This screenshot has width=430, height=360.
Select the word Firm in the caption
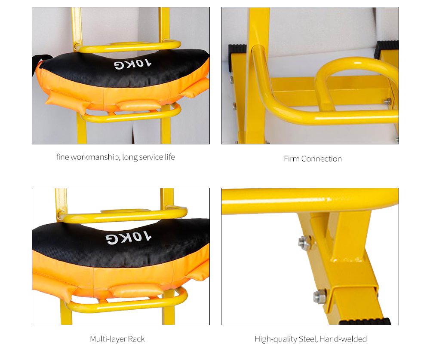point(292,159)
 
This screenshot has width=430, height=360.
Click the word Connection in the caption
point(321,159)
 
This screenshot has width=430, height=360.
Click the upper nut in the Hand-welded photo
point(304,242)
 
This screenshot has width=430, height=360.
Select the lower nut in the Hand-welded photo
point(319,296)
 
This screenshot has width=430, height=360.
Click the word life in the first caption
point(170,157)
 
